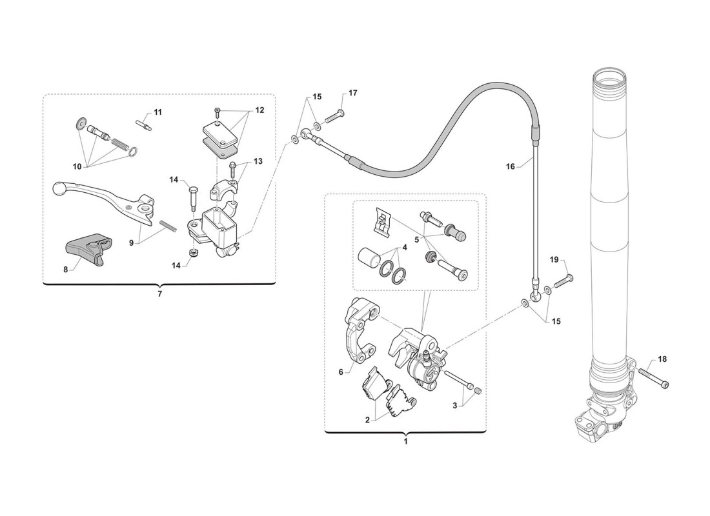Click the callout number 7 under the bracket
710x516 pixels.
(x=159, y=294)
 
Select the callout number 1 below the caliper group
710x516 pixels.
(x=406, y=441)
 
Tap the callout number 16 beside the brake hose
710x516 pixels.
(x=511, y=166)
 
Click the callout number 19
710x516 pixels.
(x=554, y=260)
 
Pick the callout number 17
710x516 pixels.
(x=352, y=93)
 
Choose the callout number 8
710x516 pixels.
(x=66, y=270)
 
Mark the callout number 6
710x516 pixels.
(x=341, y=372)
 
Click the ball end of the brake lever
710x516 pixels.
(x=60, y=187)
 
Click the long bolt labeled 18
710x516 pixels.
(x=653, y=378)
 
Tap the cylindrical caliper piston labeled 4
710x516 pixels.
(x=369, y=259)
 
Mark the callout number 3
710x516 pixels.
(x=455, y=406)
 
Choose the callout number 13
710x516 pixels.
(x=258, y=161)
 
